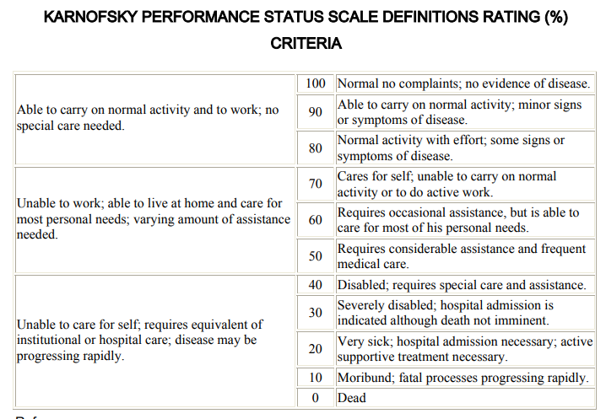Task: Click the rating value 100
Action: coord(315,84)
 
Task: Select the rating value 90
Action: coord(315,112)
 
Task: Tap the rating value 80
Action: coord(315,148)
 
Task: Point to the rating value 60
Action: coord(315,221)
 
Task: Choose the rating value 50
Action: coord(315,256)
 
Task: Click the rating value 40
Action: coord(315,285)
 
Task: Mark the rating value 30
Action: coord(315,313)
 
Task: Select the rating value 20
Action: coord(315,349)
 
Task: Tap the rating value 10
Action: coord(315,379)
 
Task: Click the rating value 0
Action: coord(315,397)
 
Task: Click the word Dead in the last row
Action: coord(352,397)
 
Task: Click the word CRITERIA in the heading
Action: coord(306,44)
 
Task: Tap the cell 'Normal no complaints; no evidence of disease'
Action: coord(463,84)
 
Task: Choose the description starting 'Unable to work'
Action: coord(153,219)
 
